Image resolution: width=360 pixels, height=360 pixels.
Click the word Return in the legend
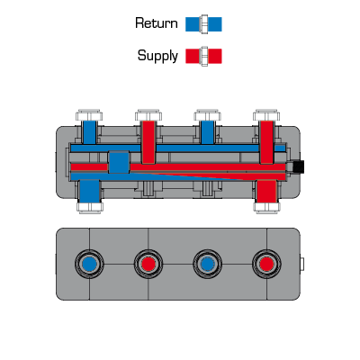157,23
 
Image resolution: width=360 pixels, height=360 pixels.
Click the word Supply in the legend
157,56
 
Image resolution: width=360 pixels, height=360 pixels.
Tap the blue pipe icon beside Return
203,24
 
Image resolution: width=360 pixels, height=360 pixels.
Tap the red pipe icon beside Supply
203,56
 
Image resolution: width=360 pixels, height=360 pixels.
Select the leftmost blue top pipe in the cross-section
89,132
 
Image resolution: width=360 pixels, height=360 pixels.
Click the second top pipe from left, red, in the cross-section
148,142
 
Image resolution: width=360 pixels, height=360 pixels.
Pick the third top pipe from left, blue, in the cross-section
207,132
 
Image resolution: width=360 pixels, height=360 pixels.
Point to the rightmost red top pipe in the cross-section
266,142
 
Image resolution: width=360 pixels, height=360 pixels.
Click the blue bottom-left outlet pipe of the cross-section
89,192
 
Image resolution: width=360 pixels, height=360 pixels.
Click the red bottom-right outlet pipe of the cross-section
266,192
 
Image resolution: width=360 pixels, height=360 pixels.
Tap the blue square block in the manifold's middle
119,162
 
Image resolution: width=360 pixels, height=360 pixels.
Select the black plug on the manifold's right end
298,166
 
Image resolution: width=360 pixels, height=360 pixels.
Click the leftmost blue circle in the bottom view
89,264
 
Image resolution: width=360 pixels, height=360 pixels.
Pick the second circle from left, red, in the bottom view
148,264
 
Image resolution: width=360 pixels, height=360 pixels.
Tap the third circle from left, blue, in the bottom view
207,264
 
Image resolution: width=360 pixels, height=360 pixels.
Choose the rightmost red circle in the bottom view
266,264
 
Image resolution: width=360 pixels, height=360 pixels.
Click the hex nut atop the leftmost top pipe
89,115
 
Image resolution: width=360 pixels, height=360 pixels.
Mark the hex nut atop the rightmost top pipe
266,115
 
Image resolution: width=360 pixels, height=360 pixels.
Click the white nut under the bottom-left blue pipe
90,208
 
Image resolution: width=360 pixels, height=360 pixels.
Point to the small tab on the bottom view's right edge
302,264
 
